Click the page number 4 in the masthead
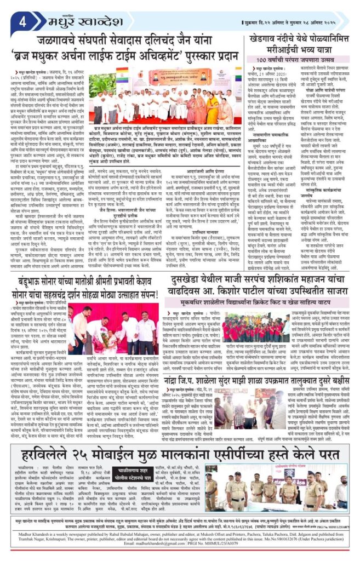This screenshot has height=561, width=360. (24, 22)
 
